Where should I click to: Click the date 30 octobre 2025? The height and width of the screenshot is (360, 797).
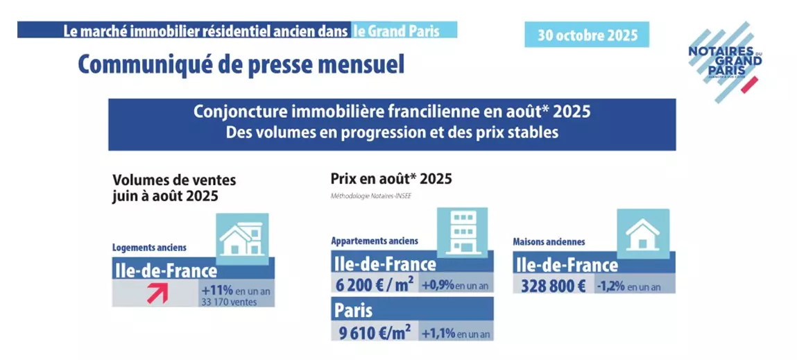click(x=587, y=35)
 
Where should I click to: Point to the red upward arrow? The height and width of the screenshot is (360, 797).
click(x=156, y=292)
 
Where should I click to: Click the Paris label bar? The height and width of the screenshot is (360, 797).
click(x=412, y=308)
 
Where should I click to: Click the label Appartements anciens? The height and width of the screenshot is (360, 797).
click(x=375, y=241)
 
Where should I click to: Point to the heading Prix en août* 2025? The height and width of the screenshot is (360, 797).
click(x=391, y=179)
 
